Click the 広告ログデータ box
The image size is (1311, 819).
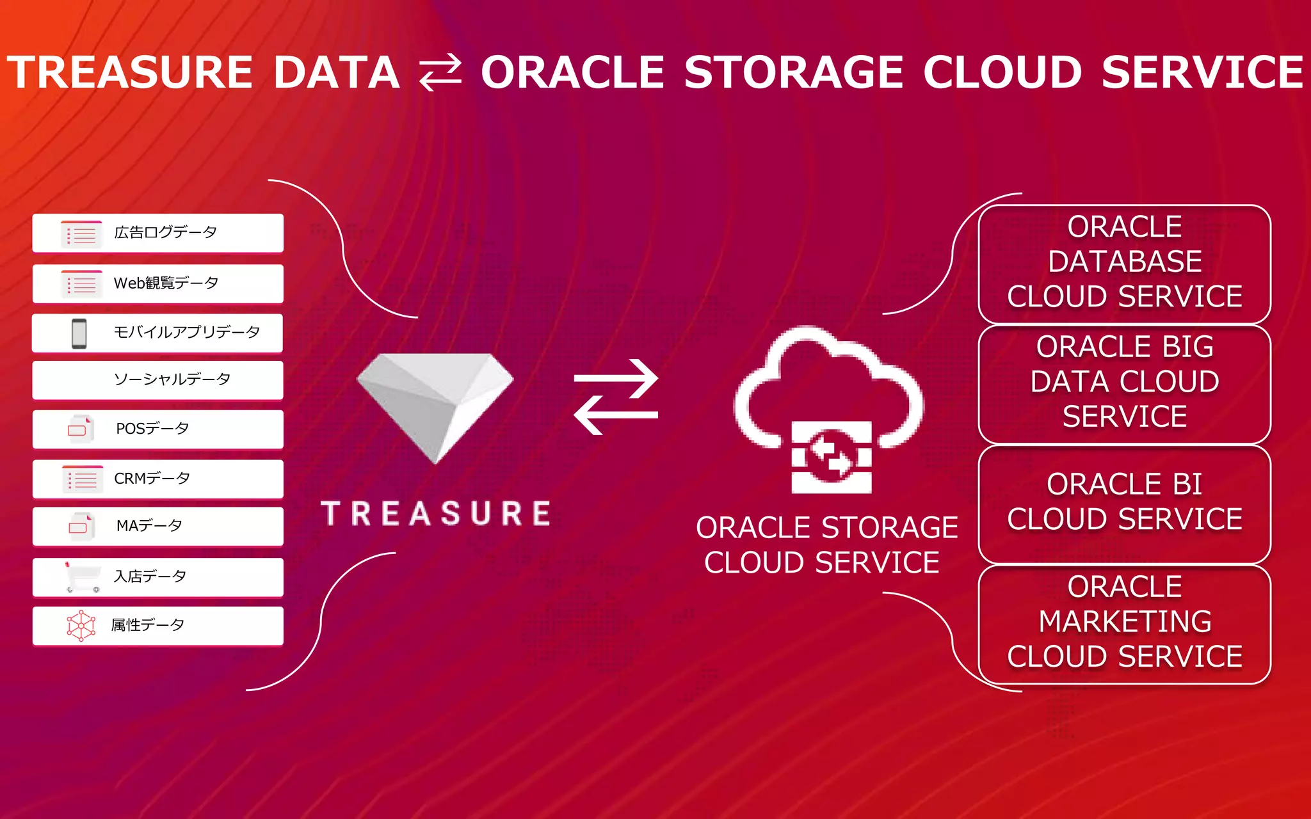pos(157,233)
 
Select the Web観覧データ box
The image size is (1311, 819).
pos(157,283)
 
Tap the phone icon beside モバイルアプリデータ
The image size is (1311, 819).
pos(79,333)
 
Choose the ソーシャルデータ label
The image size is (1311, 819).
pos(172,379)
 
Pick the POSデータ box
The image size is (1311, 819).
pos(157,429)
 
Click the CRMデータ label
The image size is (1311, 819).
pos(152,479)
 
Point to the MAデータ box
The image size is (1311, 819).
pos(157,526)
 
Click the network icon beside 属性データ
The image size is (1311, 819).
pos(81,625)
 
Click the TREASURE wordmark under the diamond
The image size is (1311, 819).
pos(436,514)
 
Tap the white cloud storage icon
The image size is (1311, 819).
pos(830,409)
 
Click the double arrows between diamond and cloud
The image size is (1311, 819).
pos(616,397)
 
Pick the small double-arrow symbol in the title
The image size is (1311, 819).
pos(440,72)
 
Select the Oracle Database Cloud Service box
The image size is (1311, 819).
pos(1124,262)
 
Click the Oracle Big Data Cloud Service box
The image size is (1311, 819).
pos(1124,382)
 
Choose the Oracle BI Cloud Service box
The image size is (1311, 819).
pos(1124,502)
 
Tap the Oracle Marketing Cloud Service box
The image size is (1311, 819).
pos(1124,622)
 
